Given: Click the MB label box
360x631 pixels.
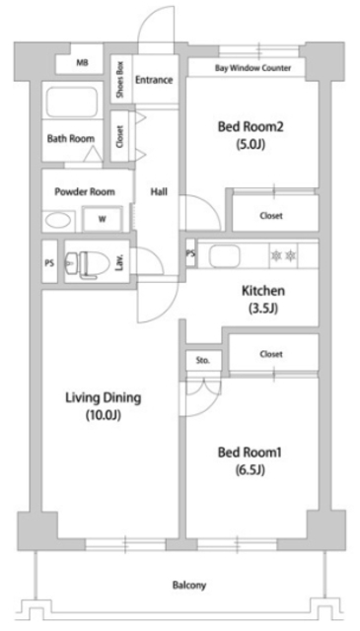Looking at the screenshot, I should coord(81,63).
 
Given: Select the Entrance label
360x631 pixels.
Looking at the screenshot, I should coord(155,80).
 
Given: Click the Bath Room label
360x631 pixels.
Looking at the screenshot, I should coord(70,139).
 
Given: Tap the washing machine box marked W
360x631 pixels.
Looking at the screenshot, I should coord(103,220).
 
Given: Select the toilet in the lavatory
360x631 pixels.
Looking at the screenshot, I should coord(86,263).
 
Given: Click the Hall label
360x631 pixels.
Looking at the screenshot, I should coord(159,191).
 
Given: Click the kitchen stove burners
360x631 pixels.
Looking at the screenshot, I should coord(283,254).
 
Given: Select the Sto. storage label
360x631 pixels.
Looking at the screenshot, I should coord(203,360).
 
